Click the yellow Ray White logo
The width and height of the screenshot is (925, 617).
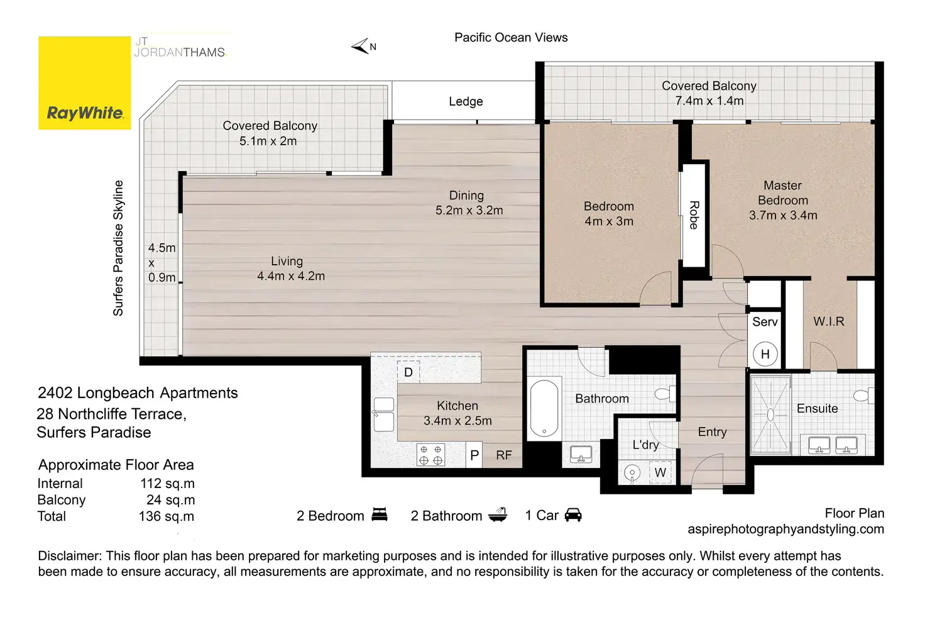(85, 83)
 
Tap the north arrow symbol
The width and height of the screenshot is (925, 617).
(360, 46)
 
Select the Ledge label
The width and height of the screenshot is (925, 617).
(466, 102)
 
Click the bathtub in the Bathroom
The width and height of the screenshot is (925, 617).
(544, 409)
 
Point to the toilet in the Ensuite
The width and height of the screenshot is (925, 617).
(863, 396)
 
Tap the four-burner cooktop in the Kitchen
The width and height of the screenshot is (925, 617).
(430, 455)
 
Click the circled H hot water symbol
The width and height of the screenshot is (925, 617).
(765, 354)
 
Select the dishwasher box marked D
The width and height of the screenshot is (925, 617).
(408, 372)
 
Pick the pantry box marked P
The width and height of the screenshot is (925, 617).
(474, 455)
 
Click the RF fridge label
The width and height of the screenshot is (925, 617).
(504, 455)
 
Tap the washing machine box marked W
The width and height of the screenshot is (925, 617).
(660, 472)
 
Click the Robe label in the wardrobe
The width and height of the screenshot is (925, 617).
(694, 215)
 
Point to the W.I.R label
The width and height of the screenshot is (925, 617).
(829, 321)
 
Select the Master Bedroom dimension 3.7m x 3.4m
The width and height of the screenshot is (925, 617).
(783, 215)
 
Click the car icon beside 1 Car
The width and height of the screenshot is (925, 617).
(573, 515)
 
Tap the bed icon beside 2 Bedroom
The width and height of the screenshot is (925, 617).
(380, 514)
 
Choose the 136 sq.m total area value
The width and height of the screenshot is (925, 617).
(167, 516)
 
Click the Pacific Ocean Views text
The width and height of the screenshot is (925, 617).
(512, 38)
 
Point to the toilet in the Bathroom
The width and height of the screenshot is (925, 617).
(665, 394)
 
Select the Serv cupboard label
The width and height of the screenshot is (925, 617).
(765, 321)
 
